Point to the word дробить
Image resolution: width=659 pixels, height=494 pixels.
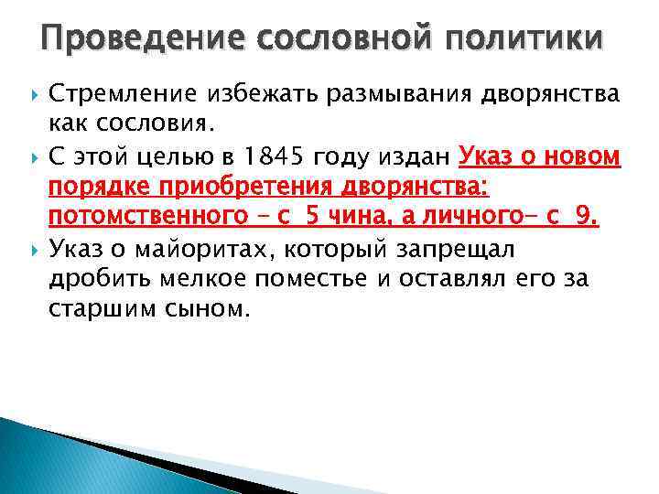click(92, 278)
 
